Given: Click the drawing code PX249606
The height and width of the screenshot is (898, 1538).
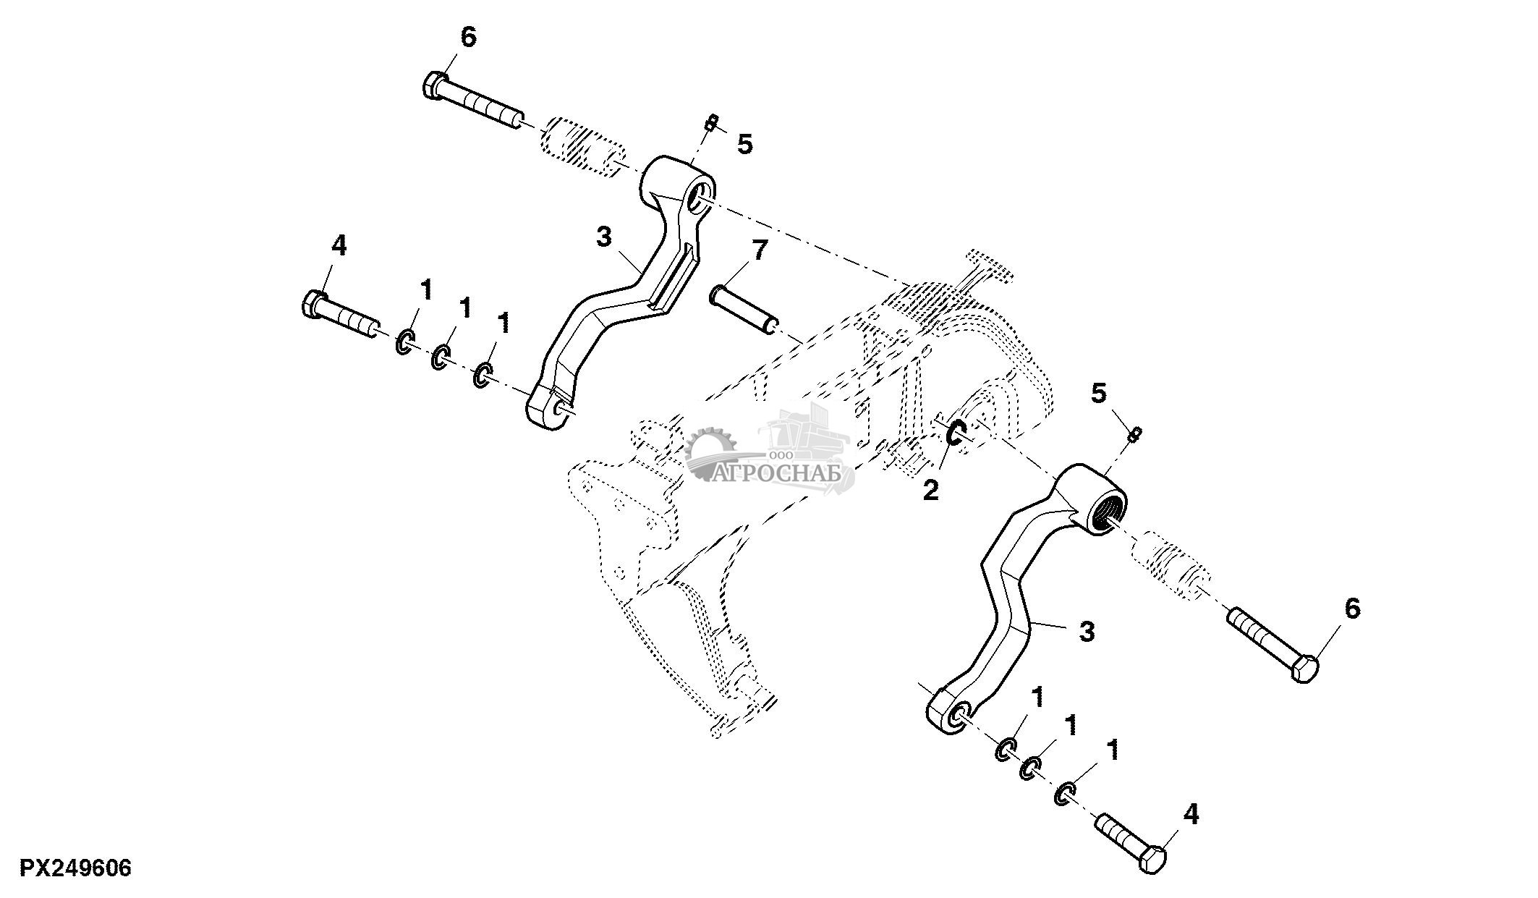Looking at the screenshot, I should [75, 868].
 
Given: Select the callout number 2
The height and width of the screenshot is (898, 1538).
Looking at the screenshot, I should [930, 491].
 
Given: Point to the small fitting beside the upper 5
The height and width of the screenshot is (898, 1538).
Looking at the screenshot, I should [711, 124].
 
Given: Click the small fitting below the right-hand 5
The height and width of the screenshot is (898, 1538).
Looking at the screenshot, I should [1136, 433].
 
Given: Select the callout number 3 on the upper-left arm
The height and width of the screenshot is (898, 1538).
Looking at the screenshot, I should [604, 237].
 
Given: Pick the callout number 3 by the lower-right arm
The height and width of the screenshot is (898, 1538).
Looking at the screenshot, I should [1087, 632].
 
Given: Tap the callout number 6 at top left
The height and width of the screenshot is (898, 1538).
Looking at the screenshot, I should [469, 38].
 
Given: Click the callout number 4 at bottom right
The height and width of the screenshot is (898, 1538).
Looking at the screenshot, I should [1191, 814].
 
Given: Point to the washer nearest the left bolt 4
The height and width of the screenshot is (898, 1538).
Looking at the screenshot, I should [405, 342].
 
